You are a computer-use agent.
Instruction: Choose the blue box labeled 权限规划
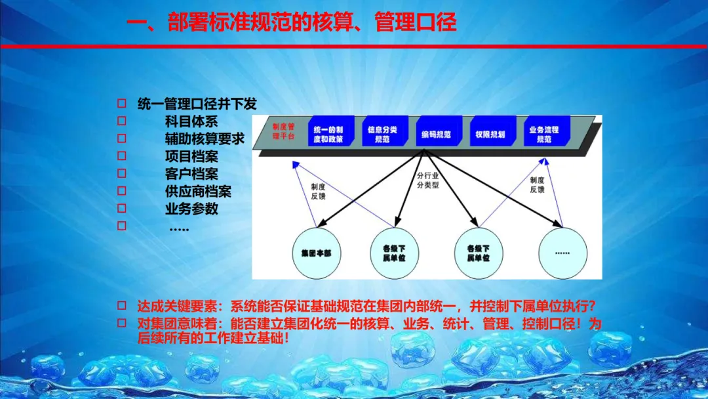point(491,134)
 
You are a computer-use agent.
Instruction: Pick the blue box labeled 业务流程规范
point(545,134)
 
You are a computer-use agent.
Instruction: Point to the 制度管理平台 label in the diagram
point(284,131)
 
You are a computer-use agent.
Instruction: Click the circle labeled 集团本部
point(317,253)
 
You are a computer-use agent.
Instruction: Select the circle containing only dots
point(562,253)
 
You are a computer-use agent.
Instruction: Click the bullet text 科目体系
point(191,121)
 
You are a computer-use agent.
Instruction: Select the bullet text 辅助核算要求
point(205,139)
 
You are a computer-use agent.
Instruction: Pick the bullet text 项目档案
point(191,157)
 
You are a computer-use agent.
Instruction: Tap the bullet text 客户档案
point(191,175)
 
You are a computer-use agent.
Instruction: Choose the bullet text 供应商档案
point(198,192)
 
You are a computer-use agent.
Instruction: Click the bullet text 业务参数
point(191,209)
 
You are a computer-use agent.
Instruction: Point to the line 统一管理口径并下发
point(197,104)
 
